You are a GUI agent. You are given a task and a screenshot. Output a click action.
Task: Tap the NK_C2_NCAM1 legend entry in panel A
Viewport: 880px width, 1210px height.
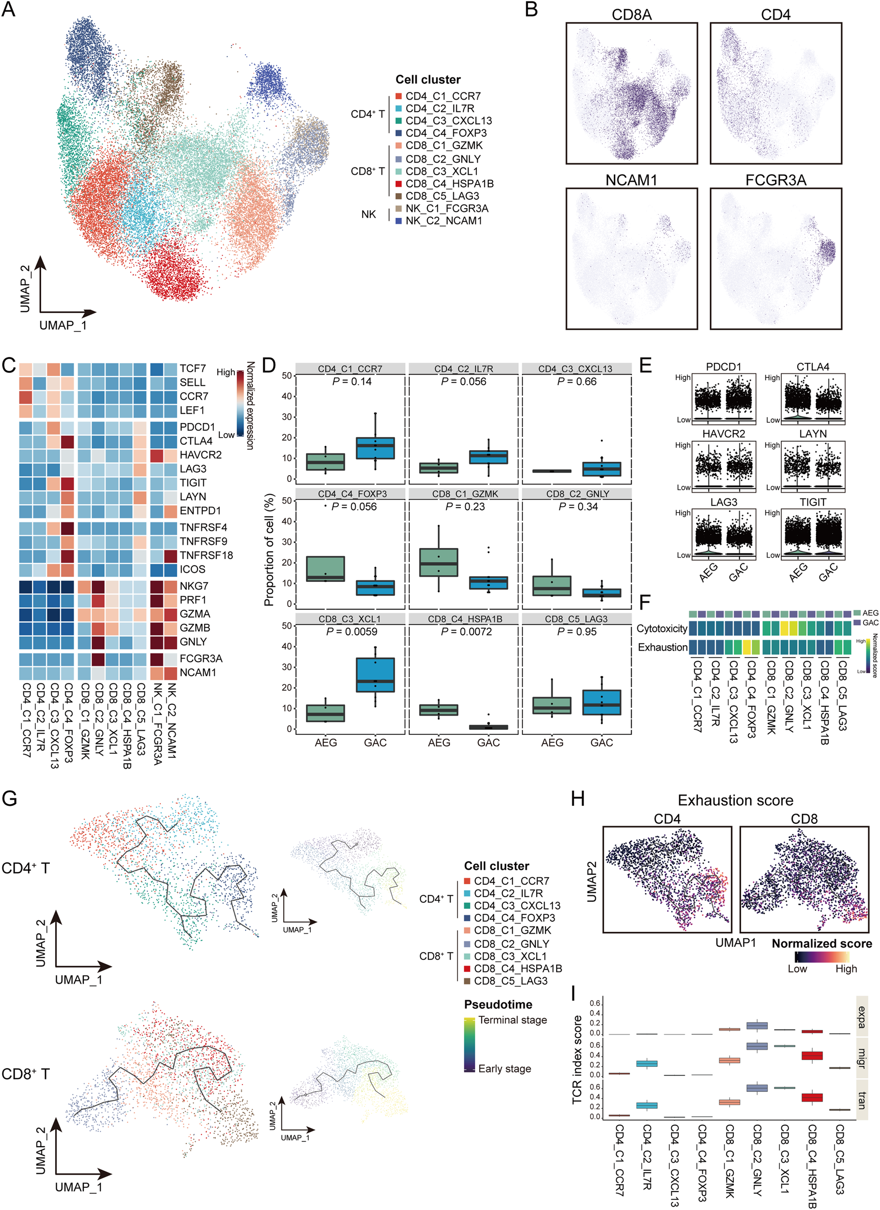(x=443, y=220)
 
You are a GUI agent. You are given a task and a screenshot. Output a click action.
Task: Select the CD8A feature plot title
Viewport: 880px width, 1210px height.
(x=631, y=15)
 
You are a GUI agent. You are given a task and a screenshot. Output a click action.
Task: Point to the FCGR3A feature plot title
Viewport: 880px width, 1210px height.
(x=775, y=181)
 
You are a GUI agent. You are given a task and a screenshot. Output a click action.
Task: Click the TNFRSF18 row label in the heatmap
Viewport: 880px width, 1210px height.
(x=206, y=555)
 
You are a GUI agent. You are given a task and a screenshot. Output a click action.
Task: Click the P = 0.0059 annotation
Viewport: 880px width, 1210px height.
(x=352, y=632)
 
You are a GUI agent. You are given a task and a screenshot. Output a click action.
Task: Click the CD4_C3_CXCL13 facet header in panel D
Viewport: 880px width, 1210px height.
(x=575, y=369)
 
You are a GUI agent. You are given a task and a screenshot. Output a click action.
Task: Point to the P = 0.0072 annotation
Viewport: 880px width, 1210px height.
(x=465, y=632)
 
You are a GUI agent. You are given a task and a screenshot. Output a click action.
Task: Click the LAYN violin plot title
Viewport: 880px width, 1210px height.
(x=812, y=434)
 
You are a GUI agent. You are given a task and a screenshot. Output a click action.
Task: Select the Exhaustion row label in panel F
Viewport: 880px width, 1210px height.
(x=662, y=647)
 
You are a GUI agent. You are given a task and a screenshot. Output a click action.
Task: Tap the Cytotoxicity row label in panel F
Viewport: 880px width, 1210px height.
(x=661, y=629)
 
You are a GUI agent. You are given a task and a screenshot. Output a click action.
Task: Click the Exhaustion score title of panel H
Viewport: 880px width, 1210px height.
(x=735, y=800)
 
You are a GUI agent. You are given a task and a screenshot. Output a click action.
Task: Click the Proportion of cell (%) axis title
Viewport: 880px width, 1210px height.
(x=269, y=549)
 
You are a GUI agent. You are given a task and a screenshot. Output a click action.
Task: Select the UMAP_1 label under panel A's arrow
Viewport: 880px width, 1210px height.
(x=62, y=325)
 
